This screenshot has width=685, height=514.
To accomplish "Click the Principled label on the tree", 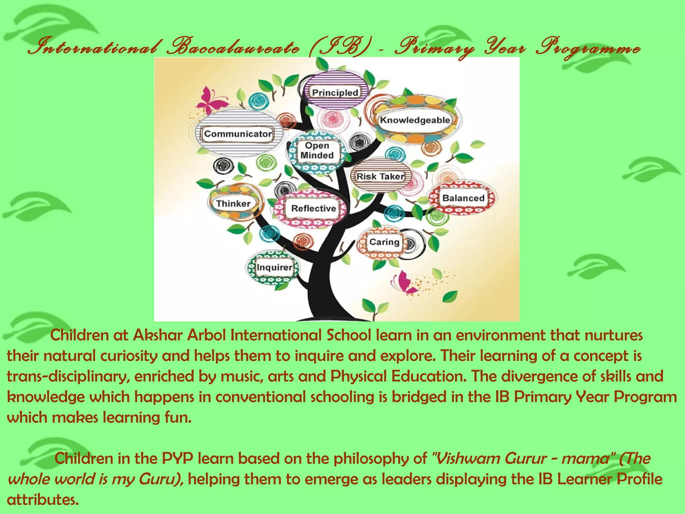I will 335,92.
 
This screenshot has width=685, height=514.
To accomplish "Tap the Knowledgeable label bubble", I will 415,120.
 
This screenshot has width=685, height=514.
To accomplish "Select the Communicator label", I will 238,134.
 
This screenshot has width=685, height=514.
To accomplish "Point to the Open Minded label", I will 317,150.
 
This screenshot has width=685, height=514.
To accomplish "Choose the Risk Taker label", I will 380,176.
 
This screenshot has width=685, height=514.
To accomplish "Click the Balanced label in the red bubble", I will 463,198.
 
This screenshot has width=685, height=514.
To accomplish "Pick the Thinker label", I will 233,203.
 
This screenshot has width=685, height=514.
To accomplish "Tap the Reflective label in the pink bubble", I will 313,208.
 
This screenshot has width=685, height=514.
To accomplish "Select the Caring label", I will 384,242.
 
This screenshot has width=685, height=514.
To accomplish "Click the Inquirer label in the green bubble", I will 274,267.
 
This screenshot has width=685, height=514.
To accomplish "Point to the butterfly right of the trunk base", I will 404,283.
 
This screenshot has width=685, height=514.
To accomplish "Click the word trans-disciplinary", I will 68,376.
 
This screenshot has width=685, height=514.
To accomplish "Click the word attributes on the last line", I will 43,500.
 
